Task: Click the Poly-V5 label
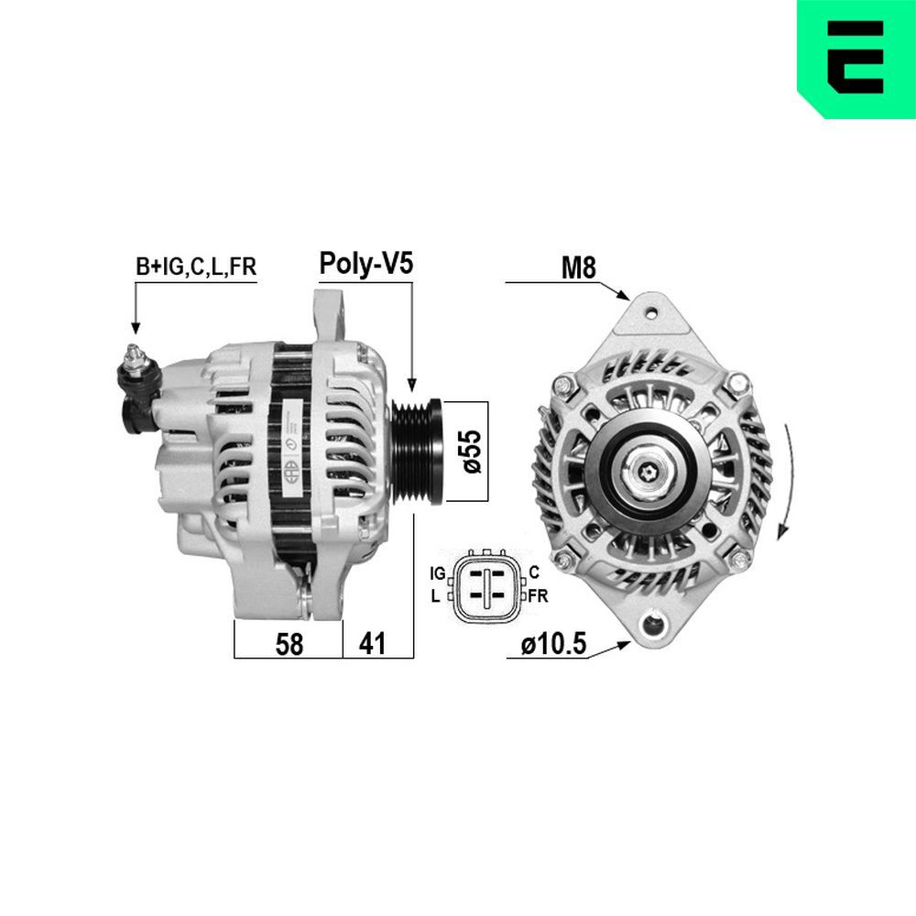[365, 265]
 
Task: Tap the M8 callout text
[578, 267]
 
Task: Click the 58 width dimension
[289, 644]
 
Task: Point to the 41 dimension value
[371, 644]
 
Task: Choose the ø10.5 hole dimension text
[552, 644]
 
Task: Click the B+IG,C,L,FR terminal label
[196, 267]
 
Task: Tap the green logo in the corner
[856, 59]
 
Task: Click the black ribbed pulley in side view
[419, 450]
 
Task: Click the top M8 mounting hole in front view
[651, 312]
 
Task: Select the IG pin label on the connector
[438, 573]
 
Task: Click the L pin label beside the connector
[436, 595]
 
